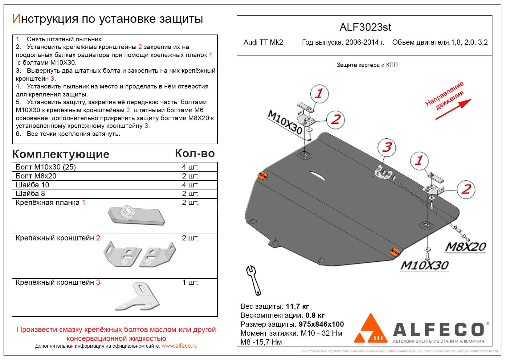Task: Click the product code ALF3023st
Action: tap(365, 27)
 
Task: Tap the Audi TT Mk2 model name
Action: tap(263, 43)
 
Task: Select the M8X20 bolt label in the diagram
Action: tap(465, 247)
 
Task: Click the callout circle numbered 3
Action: tap(387, 147)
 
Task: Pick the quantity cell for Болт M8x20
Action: tap(190, 176)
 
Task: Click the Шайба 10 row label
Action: tap(32, 185)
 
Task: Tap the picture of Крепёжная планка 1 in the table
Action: tap(136, 215)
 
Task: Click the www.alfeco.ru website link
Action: tap(179, 346)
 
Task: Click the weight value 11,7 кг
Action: tap(297, 306)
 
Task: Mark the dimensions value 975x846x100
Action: tap(321, 324)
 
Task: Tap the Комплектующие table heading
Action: tap(61, 154)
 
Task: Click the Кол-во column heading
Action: tap(195, 153)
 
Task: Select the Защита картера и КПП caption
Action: tap(367, 65)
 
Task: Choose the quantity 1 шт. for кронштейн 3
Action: tap(190, 282)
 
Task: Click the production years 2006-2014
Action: tap(365, 43)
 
